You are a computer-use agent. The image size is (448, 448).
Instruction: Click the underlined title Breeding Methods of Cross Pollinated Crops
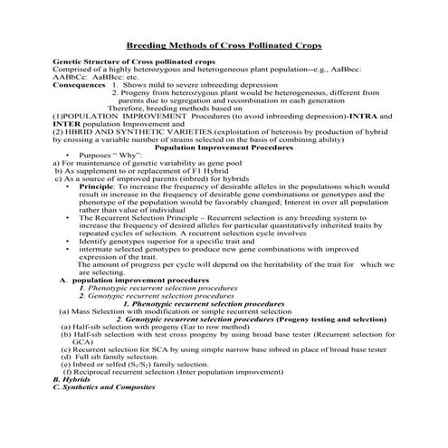(x=224, y=43)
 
